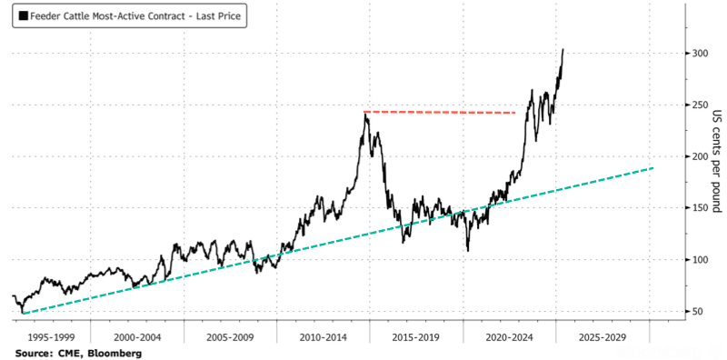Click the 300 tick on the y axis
tap(700, 54)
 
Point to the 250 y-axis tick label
tap(700, 105)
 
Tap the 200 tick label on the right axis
tap(700, 156)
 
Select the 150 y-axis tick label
tap(700, 208)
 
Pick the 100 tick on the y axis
tap(700, 260)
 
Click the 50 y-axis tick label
tap(698, 311)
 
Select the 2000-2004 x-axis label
tap(138, 337)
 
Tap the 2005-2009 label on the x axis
tap(231, 337)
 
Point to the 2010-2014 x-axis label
tap(324, 337)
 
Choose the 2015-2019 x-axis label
tap(417, 337)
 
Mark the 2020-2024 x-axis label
tap(510, 337)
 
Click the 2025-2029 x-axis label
tap(603, 337)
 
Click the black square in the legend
tap(24, 16)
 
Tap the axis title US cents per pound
tap(716, 161)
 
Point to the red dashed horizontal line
tap(440, 112)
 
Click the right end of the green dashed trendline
tap(653, 167)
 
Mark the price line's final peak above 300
tap(563, 49)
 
